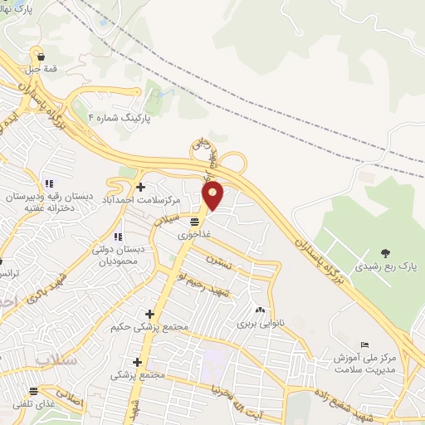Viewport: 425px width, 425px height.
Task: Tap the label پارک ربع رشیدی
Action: [x=384, y=267]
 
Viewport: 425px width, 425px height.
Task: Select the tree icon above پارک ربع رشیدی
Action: [x=384, y=252]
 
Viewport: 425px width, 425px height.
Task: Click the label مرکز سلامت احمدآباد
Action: [x=142, y=201]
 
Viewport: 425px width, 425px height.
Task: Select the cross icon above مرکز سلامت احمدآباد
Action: [x=140, y=186]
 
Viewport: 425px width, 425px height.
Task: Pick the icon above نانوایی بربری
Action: [x=261, y=310]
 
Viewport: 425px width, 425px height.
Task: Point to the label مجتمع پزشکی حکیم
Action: [x=150, y=327]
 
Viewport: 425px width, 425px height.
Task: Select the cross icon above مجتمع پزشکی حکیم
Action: [x=149, y=313]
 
